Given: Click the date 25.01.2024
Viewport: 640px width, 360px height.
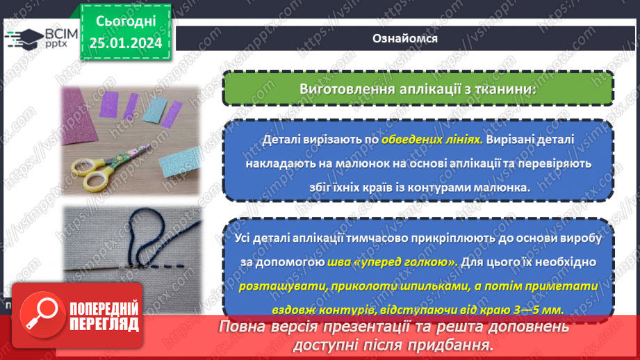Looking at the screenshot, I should (x=126, y=43).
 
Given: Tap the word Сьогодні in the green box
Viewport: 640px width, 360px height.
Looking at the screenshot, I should (x=126, y=22).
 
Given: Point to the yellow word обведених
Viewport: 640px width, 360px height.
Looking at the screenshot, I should (x=415, y=140).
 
